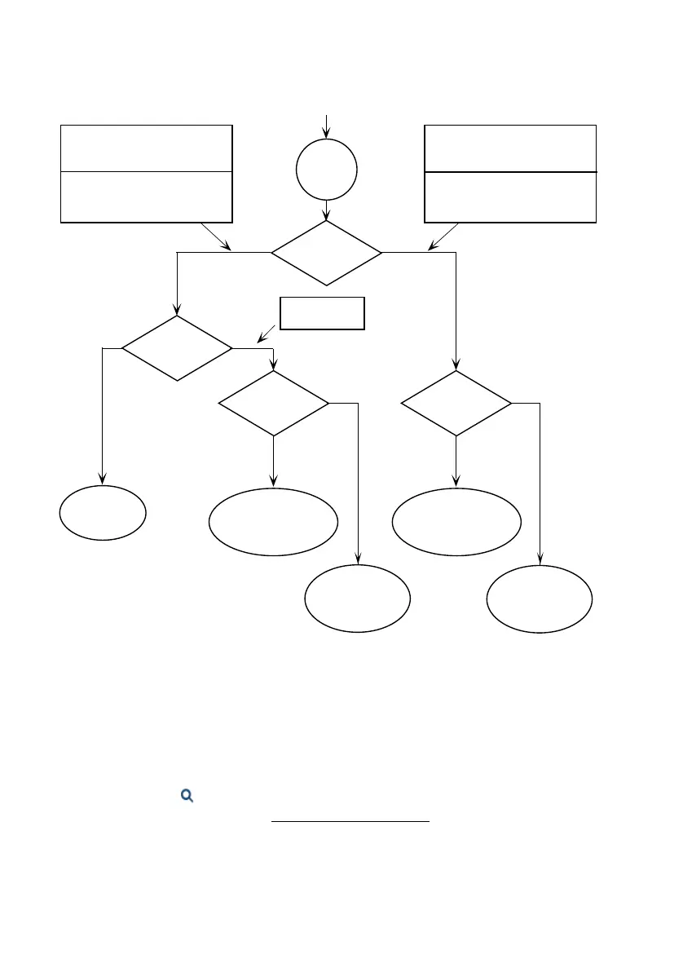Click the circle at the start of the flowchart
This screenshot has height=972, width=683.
click(326, 170)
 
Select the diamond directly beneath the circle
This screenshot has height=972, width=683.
click(326, 253)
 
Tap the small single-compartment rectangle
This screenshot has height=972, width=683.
click(322, 313)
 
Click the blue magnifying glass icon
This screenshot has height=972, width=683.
click(187, 796)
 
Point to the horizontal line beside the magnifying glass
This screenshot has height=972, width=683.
click(350, 821)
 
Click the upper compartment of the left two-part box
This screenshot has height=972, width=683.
click(147, 148)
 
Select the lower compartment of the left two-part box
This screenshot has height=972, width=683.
click(147, 197)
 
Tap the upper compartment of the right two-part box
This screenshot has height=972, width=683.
click(510, 148)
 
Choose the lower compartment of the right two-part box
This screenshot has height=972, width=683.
click(510, 197)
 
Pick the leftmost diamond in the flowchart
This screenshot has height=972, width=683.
click(177, 348)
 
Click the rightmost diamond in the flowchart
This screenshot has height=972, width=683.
click(456, 403)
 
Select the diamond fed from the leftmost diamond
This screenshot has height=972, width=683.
click(274, 403)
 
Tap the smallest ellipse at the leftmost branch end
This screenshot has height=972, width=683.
click(103, 513)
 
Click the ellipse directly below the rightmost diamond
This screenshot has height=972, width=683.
click(456, 522)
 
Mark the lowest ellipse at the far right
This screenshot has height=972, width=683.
click(540, 599)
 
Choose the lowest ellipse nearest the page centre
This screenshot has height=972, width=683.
click(357, 599)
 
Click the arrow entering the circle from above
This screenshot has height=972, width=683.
click(327, 126)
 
